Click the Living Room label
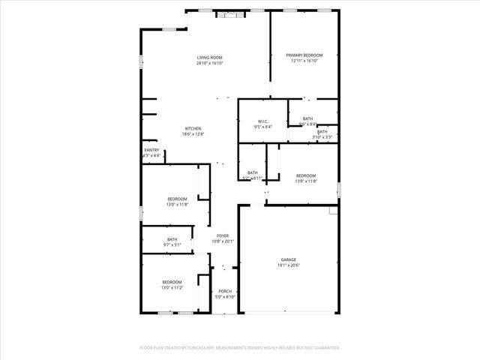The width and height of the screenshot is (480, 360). point(210,57)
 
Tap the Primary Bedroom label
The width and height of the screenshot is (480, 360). point(304,55)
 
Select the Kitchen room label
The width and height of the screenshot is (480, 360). point(193,128)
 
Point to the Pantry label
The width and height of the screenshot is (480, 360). point(151,150)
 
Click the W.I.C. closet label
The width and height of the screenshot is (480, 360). point(263,121)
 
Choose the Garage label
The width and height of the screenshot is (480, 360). point(289,259)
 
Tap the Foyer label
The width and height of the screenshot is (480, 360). point(223,235)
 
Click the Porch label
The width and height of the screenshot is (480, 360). point(225,291)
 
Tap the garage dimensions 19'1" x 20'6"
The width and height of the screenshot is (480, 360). point(289,265)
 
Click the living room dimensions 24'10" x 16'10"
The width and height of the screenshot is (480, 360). point(210,63)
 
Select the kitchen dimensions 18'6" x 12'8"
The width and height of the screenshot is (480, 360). point(193,134)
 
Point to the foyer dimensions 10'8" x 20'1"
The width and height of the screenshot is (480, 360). point(223,241)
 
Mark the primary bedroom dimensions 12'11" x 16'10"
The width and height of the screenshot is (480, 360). point(304,61)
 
